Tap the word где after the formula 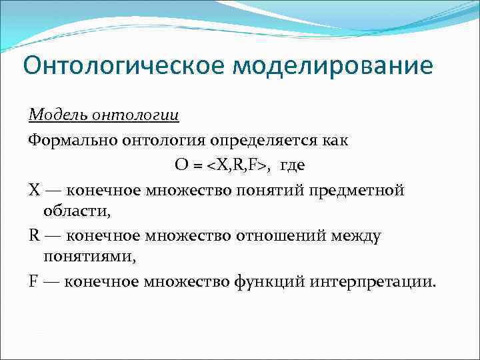tap(293, 165)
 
